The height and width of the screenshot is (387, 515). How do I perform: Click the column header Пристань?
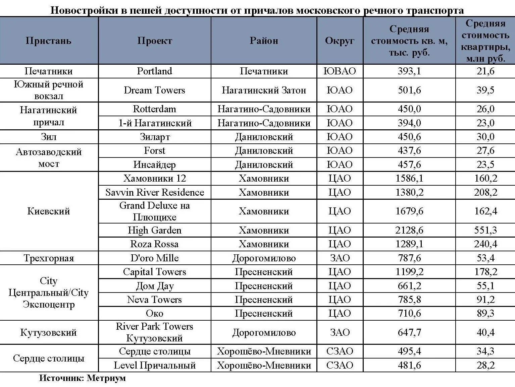point(49,41)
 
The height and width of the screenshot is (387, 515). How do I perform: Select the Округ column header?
point(340,41)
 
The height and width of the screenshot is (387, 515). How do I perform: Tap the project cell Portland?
point(154,71)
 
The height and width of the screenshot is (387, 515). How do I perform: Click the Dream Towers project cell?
point(154,90)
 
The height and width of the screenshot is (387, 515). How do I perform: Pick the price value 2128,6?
point(409,230)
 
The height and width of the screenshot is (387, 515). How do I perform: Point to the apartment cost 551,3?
point(485,230)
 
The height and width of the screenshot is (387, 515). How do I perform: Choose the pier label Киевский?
point(49,211)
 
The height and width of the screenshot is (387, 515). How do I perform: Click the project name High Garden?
point(154,230)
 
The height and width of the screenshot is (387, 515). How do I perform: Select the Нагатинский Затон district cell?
point(264,90)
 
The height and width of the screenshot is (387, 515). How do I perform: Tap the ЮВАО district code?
point(340,71)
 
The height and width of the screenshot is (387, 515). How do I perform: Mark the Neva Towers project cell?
point(154,300)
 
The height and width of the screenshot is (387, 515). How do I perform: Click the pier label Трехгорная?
point(49,258)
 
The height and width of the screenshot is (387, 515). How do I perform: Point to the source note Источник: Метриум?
point(83,378)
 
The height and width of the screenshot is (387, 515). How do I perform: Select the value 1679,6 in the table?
point(409,211)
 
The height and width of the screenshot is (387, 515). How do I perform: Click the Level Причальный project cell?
point(154,365)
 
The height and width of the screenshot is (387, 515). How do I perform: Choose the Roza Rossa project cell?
point(154,244)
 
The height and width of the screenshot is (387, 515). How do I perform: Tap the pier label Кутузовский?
point(49,332)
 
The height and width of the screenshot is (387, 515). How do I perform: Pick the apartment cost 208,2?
point(485,192)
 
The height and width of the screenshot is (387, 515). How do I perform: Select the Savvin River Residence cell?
point(154,192)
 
